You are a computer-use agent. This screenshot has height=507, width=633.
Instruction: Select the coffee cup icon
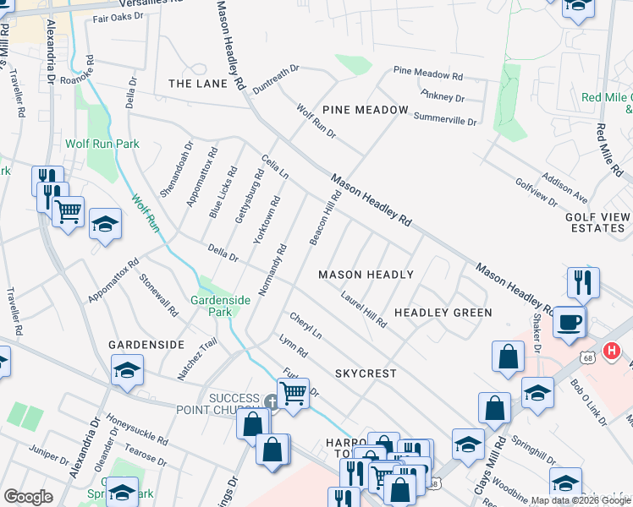(570, 323)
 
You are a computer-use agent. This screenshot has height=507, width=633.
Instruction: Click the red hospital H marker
(611, 349)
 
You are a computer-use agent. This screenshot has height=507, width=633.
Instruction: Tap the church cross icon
(271, 402)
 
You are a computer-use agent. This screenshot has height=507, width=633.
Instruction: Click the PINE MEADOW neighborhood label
(365, 111)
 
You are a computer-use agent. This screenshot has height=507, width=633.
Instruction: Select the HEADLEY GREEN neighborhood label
(443, 313)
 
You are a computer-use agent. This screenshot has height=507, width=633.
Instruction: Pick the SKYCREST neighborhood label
(365, 373)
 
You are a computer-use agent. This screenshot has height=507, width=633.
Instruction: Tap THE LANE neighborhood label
(198, 84)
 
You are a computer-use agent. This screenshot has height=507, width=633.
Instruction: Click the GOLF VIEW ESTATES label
(597, 222)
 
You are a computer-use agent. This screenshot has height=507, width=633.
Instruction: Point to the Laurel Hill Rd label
(364, 310)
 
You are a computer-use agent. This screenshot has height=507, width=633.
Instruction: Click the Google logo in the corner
(28, 497)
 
